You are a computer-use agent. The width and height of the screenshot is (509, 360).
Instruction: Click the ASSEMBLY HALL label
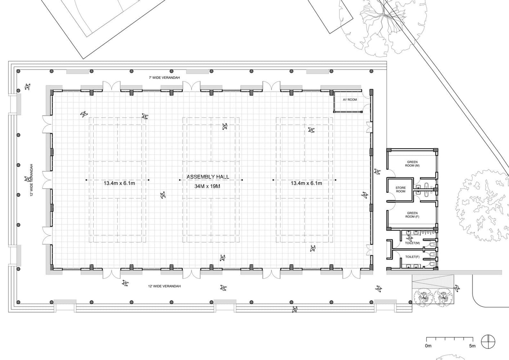tap(208, 177)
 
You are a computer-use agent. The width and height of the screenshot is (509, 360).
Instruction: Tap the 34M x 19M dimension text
tap(207, 186)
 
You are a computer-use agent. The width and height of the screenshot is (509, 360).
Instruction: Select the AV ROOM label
tap(350, 100)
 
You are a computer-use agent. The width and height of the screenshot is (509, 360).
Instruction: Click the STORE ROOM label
tap(400, 190)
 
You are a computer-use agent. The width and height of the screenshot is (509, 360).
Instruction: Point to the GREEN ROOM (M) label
tap(412, 164)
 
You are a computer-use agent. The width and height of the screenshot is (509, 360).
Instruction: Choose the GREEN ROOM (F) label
tap(412, 215)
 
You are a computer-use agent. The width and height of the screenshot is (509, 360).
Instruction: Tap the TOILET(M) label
tap(413, 243)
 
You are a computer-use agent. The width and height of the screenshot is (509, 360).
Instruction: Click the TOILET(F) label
tap(413, 257)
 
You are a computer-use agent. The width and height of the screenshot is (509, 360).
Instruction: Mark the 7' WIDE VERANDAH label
tap(164, 78)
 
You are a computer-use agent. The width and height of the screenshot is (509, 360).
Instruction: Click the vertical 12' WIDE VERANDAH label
tap(32, 180)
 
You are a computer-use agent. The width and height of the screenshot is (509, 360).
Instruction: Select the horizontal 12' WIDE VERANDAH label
tap(164, 286)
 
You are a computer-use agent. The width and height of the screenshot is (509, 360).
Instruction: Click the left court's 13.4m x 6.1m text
tap(119, 183)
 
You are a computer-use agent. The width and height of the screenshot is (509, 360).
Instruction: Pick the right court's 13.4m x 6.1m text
tap(306, 183)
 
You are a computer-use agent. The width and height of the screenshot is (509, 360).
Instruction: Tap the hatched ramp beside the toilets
tap(433, 282)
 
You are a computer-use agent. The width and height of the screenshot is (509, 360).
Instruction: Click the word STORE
tap(400, 188)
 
